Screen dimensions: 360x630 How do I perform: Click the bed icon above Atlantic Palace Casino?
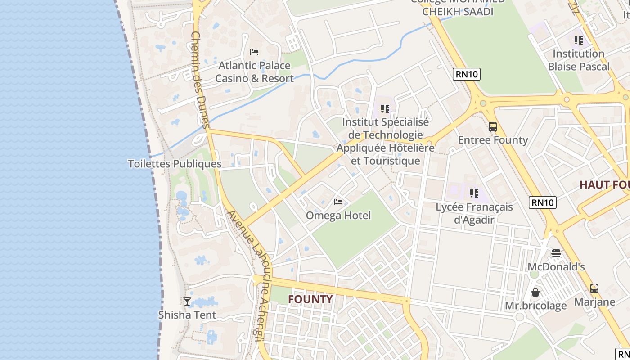click(x=254, y=52)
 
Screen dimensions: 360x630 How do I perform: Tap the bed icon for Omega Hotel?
click(x=338, y=202)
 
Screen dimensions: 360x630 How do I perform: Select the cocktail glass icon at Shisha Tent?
click(x=187, y=301)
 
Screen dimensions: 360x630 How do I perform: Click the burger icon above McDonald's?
click(x=556, y=253)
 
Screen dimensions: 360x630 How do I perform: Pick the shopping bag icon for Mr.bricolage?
click(x=535, y=292)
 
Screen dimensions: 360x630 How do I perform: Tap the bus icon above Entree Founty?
click(x=493, y=127)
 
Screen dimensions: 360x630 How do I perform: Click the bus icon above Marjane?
click(x=594, y=288)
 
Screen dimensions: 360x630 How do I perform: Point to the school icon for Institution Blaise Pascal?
click(x=579, y=40)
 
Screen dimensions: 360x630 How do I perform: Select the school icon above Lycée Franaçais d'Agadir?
click(x=474, y=193)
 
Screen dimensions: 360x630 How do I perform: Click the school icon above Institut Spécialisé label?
click(x=385, y=108)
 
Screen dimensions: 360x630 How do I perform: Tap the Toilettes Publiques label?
click(x=175, y=164)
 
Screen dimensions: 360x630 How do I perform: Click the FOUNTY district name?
click(x=310, y=299)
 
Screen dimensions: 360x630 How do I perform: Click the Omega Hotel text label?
click(x=338, y=216)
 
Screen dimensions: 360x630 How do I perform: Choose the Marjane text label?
click(x=594, y=301)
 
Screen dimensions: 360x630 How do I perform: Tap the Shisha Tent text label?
click(x=187, y=315)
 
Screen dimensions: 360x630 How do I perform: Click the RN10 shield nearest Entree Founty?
click(x=467, y=74)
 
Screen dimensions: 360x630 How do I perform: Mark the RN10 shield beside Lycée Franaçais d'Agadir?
click(x=543, y=202)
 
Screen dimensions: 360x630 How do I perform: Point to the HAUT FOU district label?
click(x=604, y=185)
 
